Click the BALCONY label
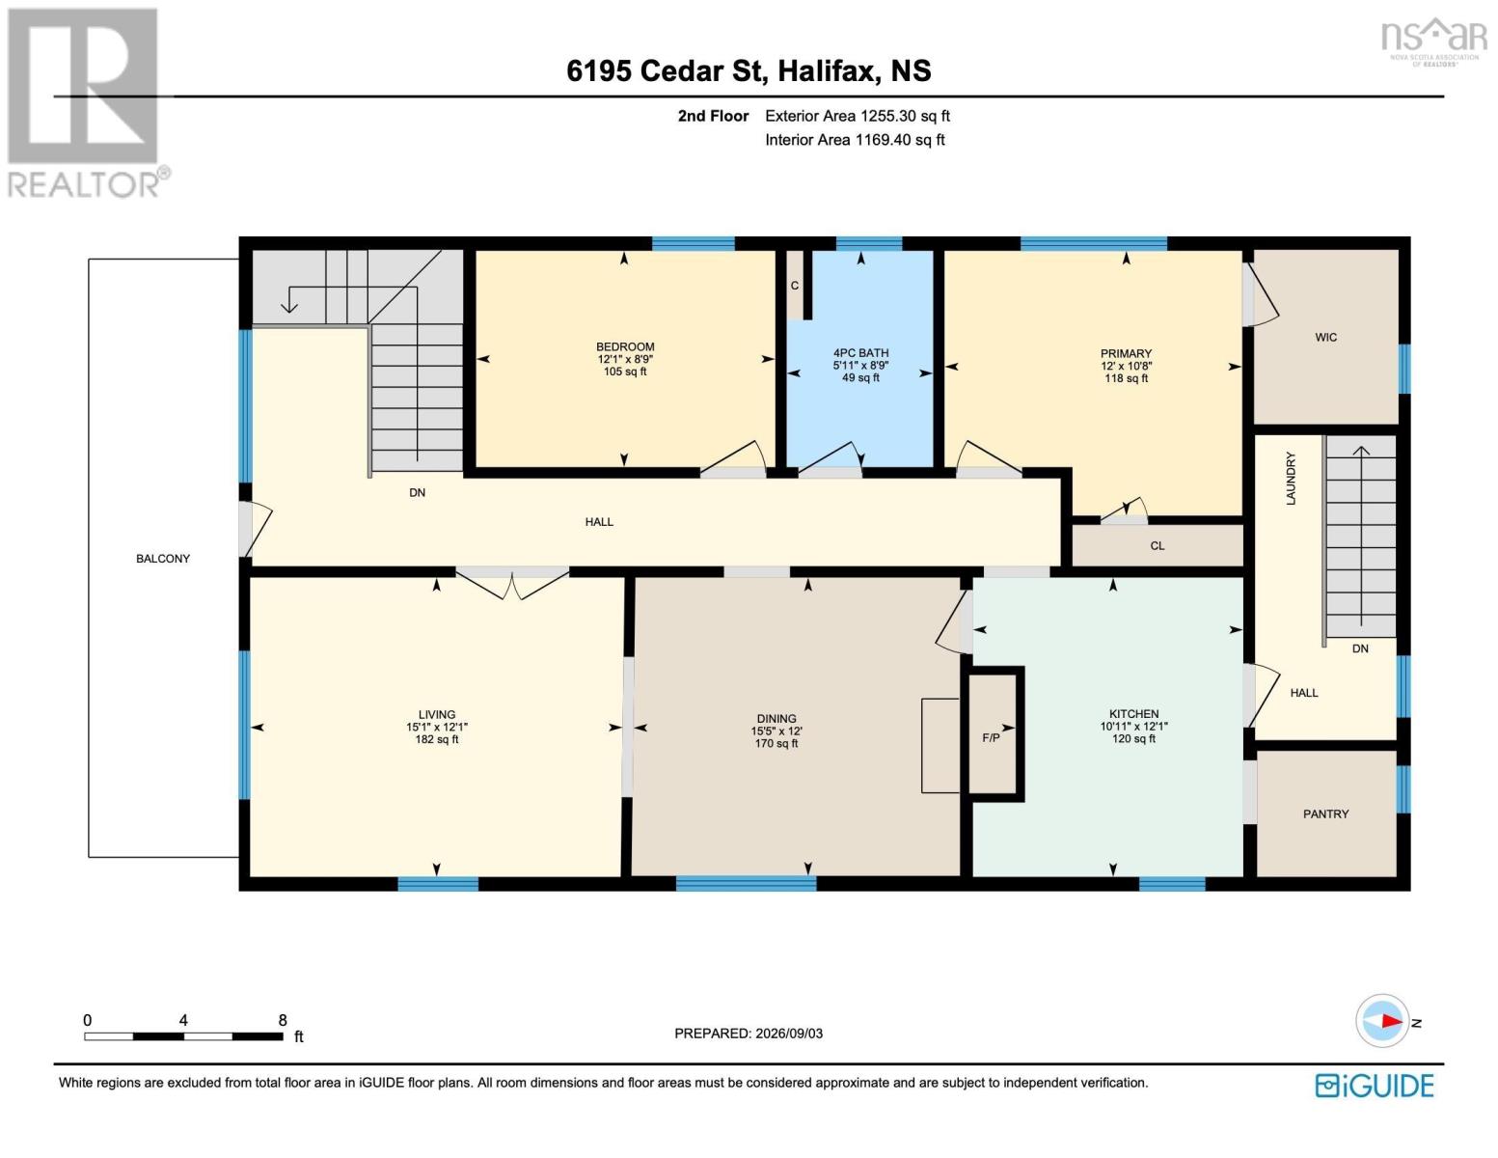163,559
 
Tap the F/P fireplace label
991,738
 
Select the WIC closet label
1325,337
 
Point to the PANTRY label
1325,813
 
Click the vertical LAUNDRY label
1292,479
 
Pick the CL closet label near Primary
1158,545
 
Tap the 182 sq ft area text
436,739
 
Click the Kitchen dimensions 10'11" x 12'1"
1134,727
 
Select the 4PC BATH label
860,352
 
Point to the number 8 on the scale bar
282,1020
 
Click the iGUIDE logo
1374,1086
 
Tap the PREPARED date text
748,1034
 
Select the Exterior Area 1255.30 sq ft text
857,116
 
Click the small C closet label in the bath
794,286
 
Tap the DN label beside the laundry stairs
1360,648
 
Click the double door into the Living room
512,584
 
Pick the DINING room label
776,719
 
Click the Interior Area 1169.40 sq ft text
855,140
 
